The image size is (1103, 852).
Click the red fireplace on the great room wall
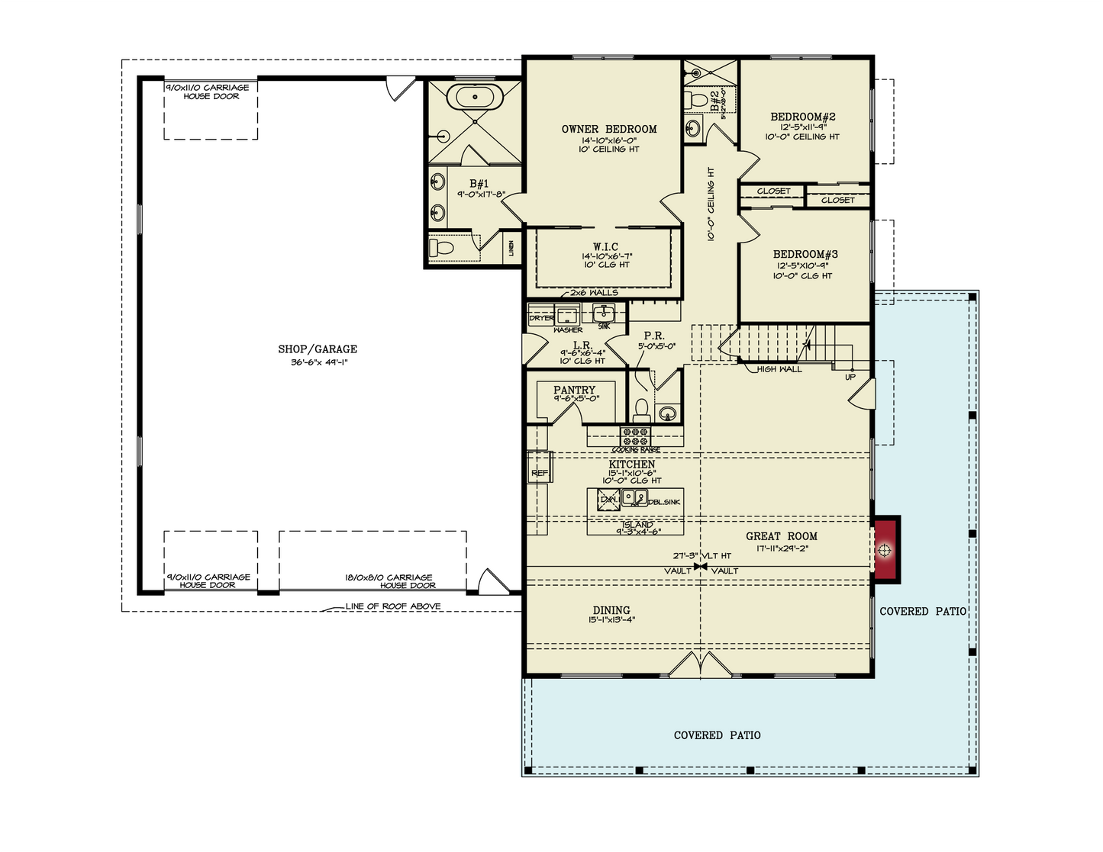(x=885, y=550)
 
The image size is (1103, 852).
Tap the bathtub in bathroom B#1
(x=474, y=98)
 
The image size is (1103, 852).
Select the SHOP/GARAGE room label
(x=318, y=349)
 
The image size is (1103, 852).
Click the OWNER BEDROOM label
(x=609, y=129)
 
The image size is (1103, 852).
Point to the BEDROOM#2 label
(x=802, y=117)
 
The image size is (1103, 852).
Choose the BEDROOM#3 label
(x=805, y=254)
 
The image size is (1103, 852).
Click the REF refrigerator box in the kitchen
(x=540, y=474)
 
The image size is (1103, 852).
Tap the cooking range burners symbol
(x=635, y=436)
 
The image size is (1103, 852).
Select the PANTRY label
(x=574, y=390)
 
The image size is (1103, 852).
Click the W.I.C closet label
(x=605, y=246)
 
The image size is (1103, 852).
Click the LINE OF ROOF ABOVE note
(x=392, y=606)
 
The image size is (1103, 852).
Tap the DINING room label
(x=611, y=610)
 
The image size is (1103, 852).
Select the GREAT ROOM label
(x=782, y=536)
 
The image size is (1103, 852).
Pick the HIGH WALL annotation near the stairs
(x=779, y=369)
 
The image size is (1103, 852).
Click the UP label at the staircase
(x=850, y=377)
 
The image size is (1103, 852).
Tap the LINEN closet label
(x=511, y=248)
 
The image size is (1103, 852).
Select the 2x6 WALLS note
(x=594, y=292)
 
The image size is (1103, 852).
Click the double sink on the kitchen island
(x=634, y=499)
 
